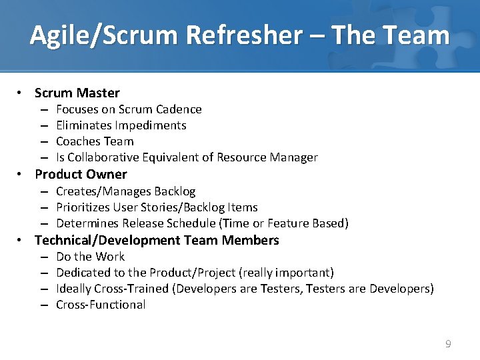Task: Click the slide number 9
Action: [448, 344]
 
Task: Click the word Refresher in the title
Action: [244, 35]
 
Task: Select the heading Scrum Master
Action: [77, 93]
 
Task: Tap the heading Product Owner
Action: [81, 175]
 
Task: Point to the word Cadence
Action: [178, 109]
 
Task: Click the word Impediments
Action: [151, 125]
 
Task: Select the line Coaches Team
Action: [95, 141]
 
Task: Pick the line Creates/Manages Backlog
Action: [126, 191]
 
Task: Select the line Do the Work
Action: [90, 257]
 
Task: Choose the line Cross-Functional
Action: [101, 305]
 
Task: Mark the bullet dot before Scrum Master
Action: [21, 93]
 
